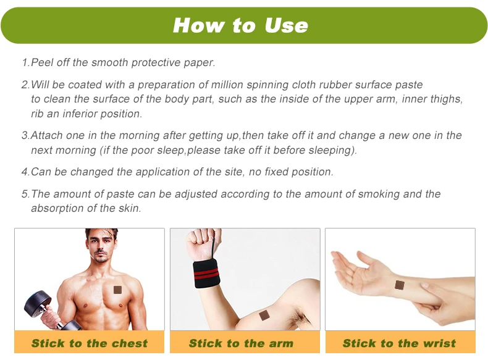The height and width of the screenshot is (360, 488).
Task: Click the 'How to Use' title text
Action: click(240, 25)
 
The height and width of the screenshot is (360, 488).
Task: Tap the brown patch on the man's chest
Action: click(117, 290)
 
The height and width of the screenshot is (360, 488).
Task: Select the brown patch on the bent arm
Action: click(264, 315)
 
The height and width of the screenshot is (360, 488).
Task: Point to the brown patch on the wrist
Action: click(400, 285)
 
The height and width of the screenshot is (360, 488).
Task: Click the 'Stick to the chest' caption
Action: click(90, 343)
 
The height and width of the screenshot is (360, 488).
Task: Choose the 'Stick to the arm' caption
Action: click(241, 343)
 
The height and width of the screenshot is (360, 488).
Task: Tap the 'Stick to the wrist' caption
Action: click(399, 343)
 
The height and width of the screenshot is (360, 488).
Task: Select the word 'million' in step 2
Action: click(227, 85)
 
